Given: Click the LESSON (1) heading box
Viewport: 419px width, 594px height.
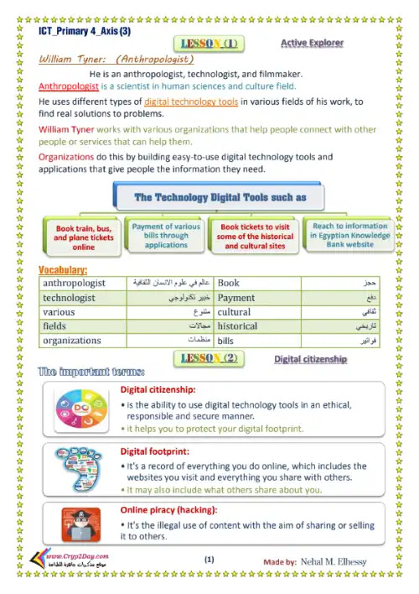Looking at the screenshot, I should coord(209,44).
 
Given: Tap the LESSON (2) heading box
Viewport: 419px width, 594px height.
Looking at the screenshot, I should coord(209,359).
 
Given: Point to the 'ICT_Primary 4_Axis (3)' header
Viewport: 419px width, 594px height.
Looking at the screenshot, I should coord(85,31).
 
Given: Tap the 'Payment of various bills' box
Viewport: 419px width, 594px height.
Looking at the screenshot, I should coord(166,236).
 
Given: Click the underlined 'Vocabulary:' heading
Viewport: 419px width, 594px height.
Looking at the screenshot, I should coord(64,269).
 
